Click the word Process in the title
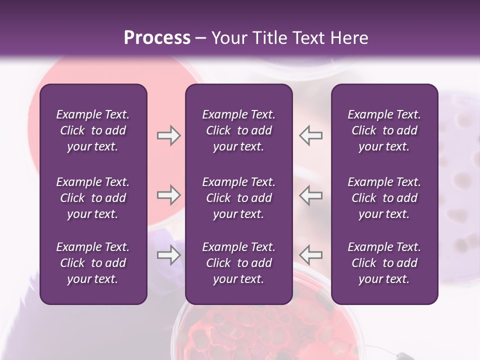pos(157,38)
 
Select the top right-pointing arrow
pos(168,135)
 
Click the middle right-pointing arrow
pos(168,195)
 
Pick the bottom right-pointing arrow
pos(168,255)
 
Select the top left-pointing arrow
pos(311,135)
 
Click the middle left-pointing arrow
pos(311,195)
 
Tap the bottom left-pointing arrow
pos(311,255)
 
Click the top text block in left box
pos(93,130)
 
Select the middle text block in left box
pos(93,198)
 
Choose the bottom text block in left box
pos(93,263)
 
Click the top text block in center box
pos(238,130)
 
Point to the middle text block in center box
pos(238,198)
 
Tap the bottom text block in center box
pos(238,263)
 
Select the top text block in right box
pos(384,130)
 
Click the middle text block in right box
pos(384,198)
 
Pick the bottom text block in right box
pos(384,263)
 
